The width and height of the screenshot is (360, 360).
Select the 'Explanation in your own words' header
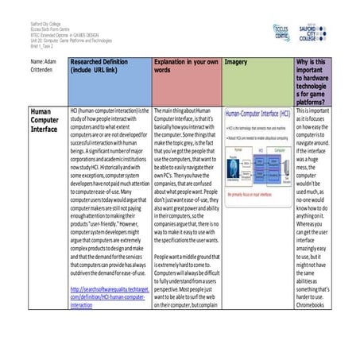(184, 65)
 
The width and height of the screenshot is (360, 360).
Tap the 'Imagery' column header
(236, 61)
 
